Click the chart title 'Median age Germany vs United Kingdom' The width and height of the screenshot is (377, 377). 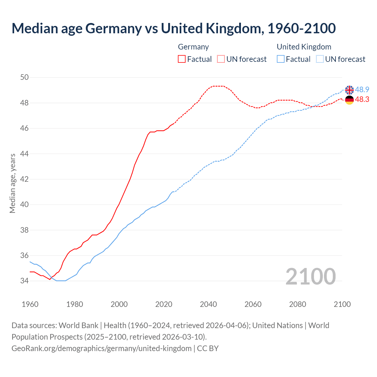[173, 29]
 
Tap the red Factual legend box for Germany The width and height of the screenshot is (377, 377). [182, 59]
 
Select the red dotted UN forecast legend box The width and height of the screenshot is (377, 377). [221, 59]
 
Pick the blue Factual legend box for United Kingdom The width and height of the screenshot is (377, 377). [281, 59]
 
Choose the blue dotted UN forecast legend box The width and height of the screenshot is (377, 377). [320, 59]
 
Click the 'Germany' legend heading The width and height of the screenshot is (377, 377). [193, 47]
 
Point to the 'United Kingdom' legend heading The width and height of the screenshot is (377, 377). [304, 47]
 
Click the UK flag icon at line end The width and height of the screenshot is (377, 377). [349, 90]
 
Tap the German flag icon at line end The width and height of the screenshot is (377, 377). [349, 100]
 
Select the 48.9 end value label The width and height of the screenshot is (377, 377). [362, 90]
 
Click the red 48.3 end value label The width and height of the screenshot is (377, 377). [362, 100]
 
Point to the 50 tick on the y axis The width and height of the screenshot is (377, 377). [24, 77]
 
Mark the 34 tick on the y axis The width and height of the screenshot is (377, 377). [24, 281]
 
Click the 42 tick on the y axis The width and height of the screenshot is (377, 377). [24, 179]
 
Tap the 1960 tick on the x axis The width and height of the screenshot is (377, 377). [30, 304]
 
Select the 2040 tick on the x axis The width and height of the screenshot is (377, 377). [208, 304]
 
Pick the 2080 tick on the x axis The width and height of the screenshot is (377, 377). [297, 304]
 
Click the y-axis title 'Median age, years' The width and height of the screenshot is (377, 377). [12, 183]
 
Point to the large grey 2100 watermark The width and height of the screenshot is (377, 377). [310, 276]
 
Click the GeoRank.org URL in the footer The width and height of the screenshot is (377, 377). [102, 348]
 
